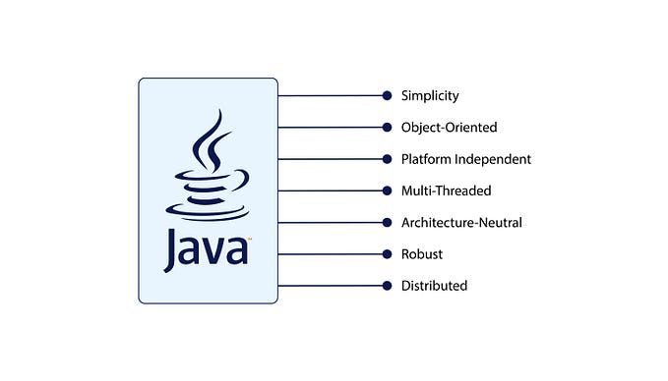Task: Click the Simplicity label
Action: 429,95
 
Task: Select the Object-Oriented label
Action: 449,127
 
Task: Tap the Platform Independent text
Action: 465,159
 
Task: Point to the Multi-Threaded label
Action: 446,190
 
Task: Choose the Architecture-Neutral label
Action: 460,222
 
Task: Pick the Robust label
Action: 421,254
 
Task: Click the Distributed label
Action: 433,286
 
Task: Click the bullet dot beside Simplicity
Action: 388,95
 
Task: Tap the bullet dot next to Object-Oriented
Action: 388,127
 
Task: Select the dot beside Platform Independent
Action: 388,159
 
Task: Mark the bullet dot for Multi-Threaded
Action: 388,190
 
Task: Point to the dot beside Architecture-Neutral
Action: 388,222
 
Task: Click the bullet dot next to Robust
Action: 388,254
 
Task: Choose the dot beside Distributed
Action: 388,286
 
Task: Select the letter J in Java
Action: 172,248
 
